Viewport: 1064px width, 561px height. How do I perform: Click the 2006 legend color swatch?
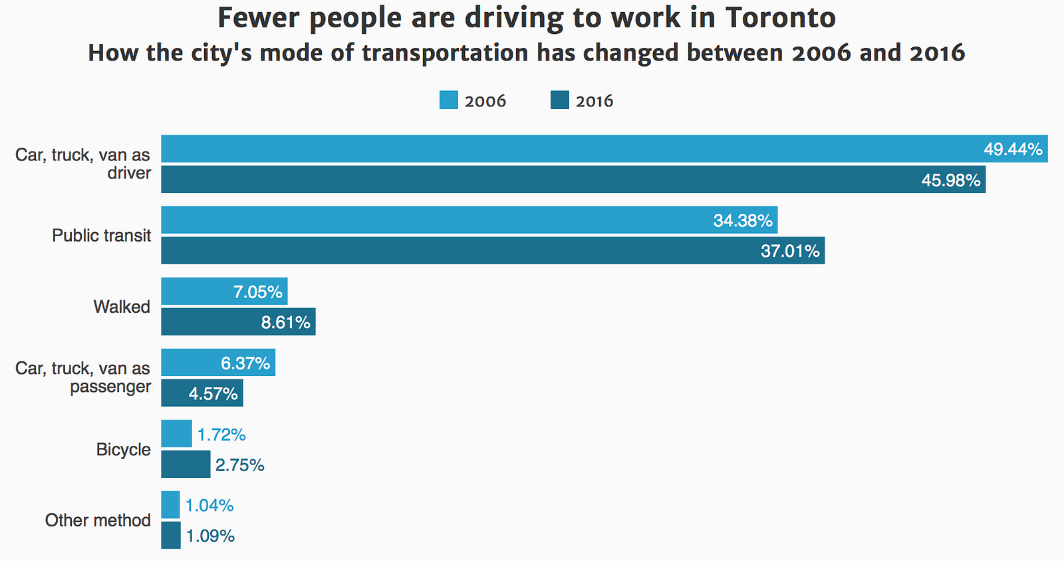click(449, 100)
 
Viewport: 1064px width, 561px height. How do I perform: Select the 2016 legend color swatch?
click(560, 100)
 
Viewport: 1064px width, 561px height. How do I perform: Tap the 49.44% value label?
click(1013, 149)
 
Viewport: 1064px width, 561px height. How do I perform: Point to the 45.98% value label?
click(950, 180)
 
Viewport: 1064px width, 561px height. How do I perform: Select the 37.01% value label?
click(790, 251)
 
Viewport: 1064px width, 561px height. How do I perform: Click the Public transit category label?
click(102, 236)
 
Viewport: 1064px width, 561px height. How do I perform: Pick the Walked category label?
click(122, 307)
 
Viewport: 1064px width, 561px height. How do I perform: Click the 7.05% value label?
click(257, 292)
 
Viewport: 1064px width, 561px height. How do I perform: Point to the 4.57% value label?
click(213, 394)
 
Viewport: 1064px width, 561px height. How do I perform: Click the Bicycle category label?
click(124, 450)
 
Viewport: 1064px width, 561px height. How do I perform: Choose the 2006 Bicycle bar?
click(176, 434)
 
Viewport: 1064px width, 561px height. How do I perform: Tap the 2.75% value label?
click(239, 465)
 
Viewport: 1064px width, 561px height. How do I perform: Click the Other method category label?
click(98, 520)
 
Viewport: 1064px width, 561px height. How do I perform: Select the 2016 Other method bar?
click(171, 536)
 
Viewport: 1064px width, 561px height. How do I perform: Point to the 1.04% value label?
click(209, 506)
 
